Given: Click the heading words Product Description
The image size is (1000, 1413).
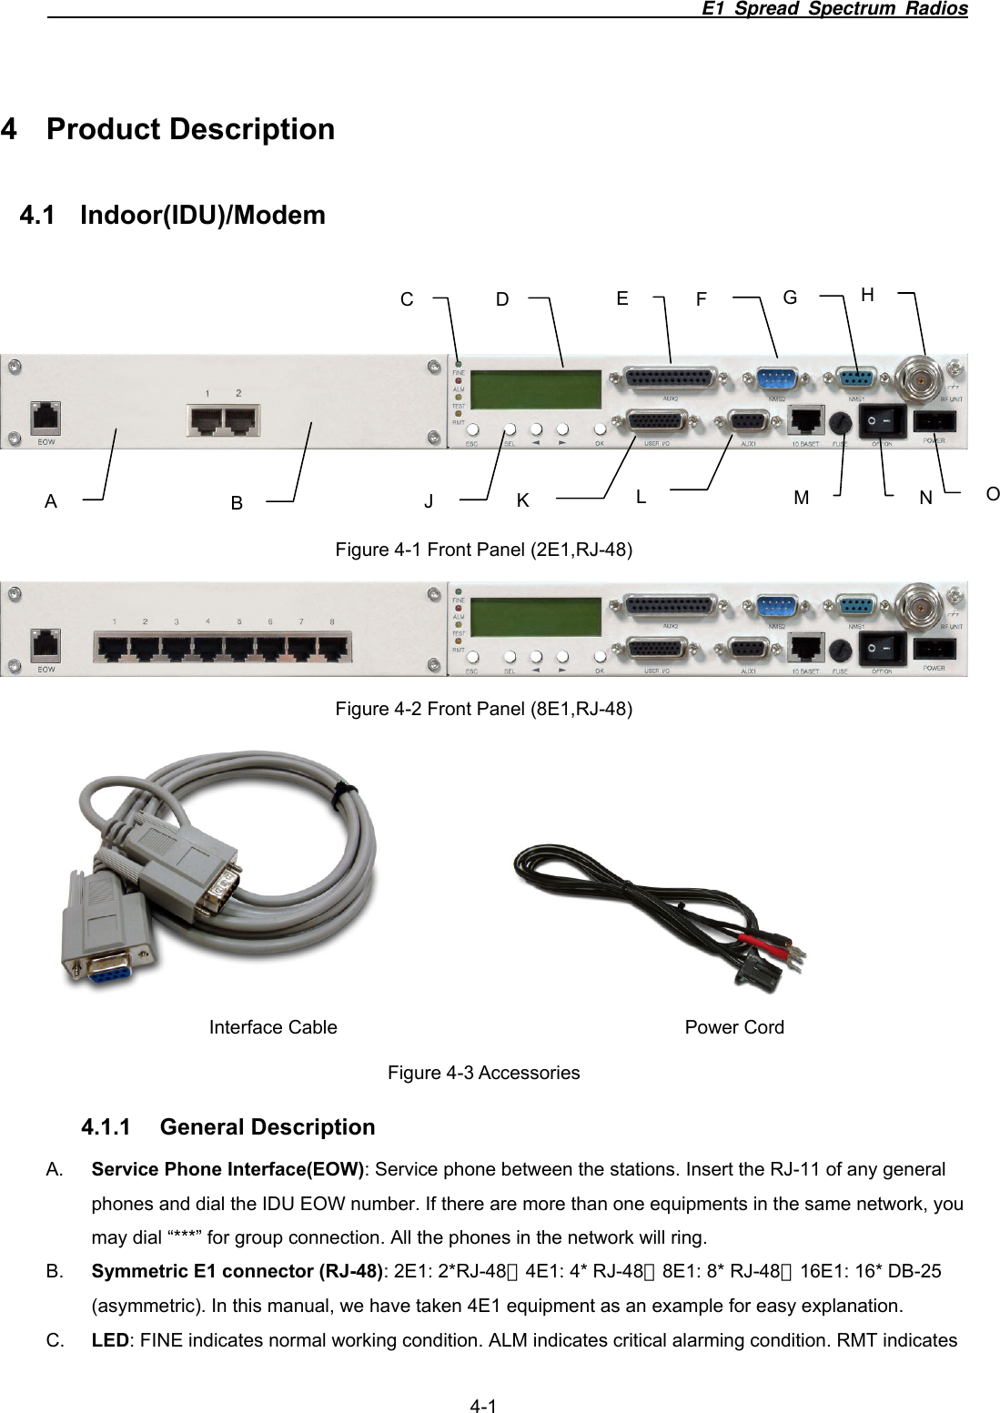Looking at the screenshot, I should coord(190,129).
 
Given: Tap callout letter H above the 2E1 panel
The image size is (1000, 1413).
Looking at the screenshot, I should coord(867,295).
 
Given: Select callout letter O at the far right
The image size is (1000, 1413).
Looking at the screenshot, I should coord(992,494).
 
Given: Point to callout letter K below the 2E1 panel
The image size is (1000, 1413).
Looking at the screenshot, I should coord(522,500).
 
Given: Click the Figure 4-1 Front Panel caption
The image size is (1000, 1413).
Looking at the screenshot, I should coord(483,550).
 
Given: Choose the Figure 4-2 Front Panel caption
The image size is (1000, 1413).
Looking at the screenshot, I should coord(483,709).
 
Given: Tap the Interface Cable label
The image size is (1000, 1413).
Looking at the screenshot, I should coord(273,1027).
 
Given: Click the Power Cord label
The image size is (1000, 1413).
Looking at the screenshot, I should coord(733,1027).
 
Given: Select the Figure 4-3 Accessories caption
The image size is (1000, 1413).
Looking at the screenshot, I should coord(483,1073).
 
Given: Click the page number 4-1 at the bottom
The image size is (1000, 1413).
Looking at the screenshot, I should coord(483,1407).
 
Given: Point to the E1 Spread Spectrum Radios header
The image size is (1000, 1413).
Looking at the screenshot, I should coord(834,9).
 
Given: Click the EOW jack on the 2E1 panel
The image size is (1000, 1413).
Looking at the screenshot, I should coord(45,419).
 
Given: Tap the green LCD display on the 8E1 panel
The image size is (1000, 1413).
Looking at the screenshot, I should coord(540,617).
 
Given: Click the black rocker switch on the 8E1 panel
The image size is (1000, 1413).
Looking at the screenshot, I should coord(884,650).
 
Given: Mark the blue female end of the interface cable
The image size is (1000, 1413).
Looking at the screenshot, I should coord(106,972).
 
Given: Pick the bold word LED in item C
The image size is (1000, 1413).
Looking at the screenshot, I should coord(110,1340).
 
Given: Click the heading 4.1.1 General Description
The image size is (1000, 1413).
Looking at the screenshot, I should coord(227,1127).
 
